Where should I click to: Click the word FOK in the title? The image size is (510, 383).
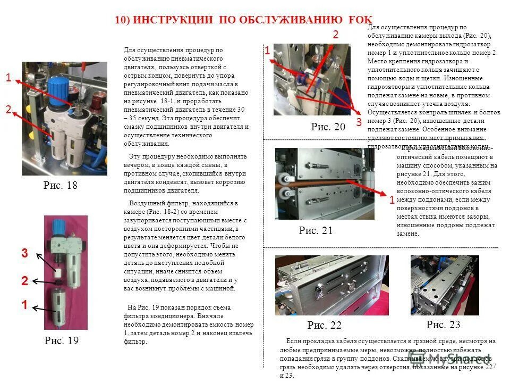point(361,20)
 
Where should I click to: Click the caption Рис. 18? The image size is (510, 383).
point(61,186)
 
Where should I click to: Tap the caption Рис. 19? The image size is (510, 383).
point(61,341)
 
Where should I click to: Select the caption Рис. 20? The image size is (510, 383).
point(328,127)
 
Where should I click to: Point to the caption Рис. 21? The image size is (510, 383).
point(316,230)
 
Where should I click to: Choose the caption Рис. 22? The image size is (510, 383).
point(324,325)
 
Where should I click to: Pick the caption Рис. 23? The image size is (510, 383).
point(443,324)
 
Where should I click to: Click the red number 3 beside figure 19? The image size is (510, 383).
point(24,254)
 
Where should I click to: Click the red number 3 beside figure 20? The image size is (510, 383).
point(359,122)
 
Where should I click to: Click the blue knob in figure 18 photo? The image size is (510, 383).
point(57,85)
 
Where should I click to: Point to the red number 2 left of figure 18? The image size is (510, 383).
point(8,110)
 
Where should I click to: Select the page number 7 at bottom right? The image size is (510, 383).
point(494,366)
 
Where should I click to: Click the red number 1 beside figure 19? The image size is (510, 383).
point(24,305)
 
